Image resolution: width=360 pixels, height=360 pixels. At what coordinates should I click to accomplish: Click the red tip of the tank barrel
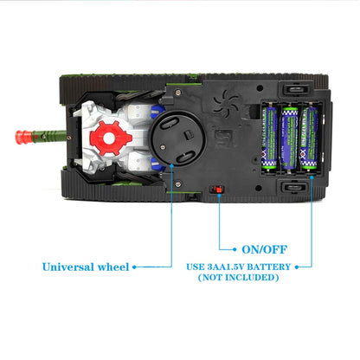(x=16, y=136)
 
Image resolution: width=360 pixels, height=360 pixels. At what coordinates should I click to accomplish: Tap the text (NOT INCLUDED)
(x=239, y=278)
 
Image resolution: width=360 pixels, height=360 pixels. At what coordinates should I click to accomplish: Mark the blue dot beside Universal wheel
(x=135, y=267)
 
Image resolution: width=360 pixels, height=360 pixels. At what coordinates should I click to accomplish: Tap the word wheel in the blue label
(x=111, y=266)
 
